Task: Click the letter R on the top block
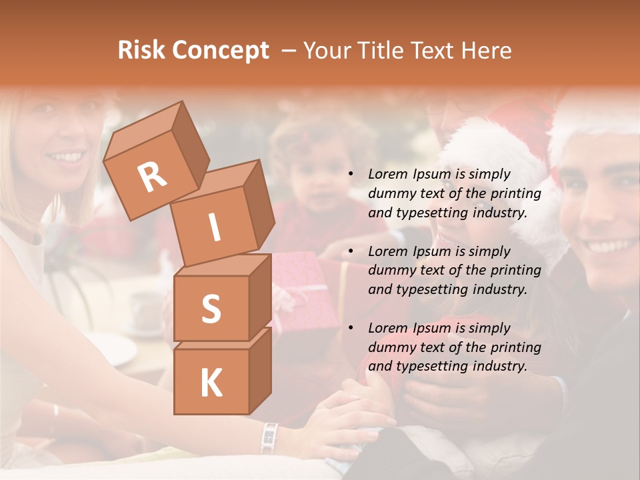tap(152, 177)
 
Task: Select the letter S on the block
tap(211, 309)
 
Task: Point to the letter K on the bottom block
tap(211, 383)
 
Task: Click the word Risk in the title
tap(142, 50)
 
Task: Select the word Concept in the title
tap(220, 51)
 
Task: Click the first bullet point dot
tap(351, 175)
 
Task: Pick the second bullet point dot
tap(351, 252)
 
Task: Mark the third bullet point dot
tap(351, 329)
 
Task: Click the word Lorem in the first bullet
tap(387, 174)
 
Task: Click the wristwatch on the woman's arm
tap(269, 437)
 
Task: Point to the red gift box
tap(303, 287)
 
